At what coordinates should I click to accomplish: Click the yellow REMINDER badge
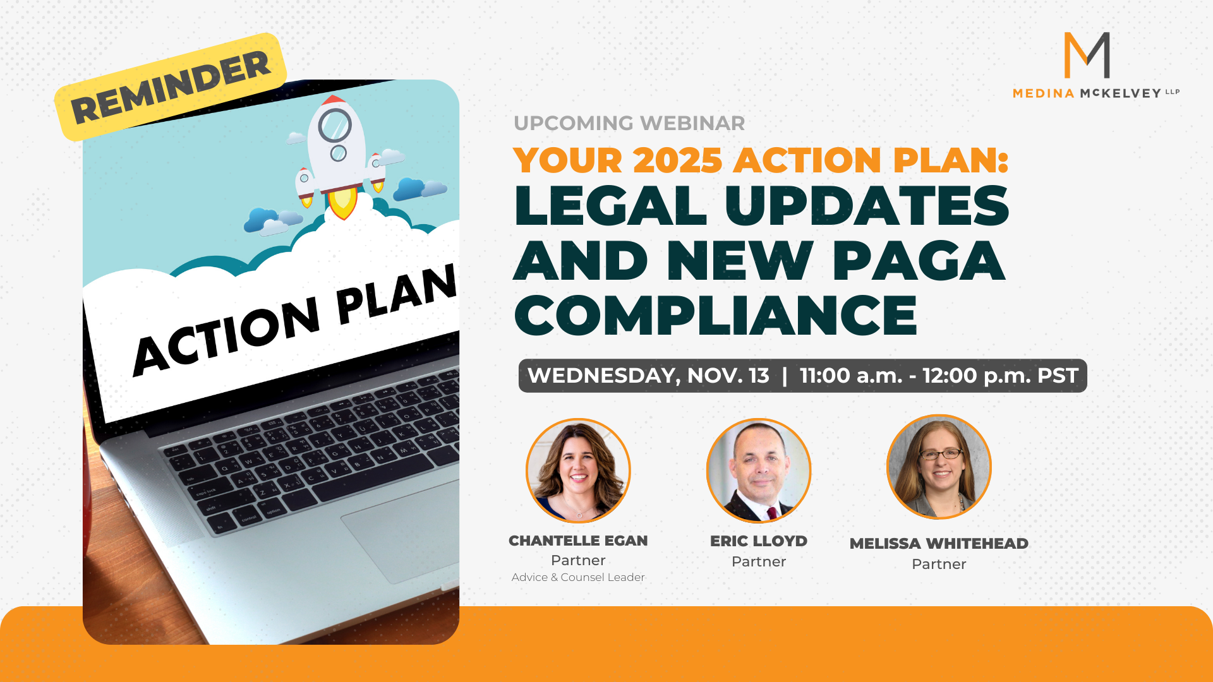pos(171,87)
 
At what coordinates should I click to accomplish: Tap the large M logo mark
pos(1087,55)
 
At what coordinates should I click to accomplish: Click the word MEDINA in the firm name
pos(1044,93)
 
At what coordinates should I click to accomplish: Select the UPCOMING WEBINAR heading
pos(629,123)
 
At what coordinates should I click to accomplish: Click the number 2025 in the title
pos(677,160)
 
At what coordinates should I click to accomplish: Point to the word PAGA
pos(918,260)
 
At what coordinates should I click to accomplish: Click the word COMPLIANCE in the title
pos(716,315)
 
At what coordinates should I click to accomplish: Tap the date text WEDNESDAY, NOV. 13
pos(648,376)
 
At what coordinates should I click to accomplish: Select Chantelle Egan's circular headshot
pos(578,470)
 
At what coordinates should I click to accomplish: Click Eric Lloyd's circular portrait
pos(759,470)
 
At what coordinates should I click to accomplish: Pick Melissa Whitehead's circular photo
pos(939,467)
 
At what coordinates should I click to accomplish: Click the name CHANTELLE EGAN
pos(578,541)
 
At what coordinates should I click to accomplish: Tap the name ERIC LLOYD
pos(759,541)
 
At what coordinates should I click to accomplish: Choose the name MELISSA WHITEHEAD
pos(939,544)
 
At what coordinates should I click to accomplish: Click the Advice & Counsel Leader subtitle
pos(578,577)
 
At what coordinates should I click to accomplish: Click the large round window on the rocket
pos(335,125)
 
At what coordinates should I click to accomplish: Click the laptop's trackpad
pos(404,530)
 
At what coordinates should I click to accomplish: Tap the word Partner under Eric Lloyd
pos(759,562)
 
